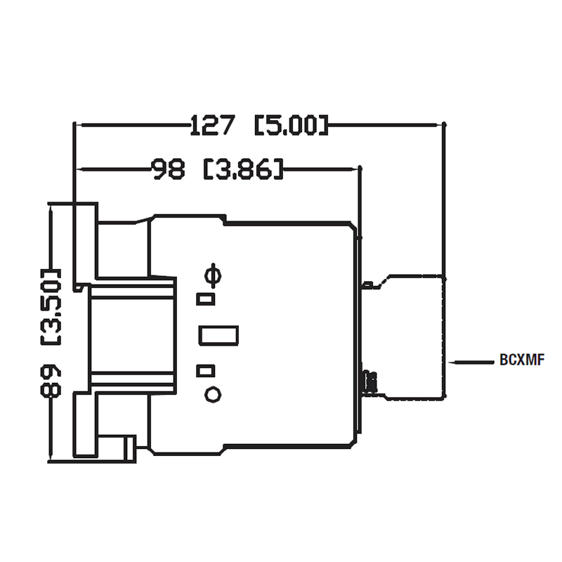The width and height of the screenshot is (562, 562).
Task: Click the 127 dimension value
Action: [212, 126]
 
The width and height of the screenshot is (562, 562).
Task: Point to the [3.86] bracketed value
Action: [243, 169]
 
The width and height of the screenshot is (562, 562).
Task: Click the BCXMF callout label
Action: [523, 362]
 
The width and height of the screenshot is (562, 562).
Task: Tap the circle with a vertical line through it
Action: [211, 275]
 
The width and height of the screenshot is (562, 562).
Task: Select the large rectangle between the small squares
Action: [218, 335]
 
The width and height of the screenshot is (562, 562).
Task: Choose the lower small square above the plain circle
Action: [205, 370]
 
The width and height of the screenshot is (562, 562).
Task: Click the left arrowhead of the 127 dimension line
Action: [79, 126]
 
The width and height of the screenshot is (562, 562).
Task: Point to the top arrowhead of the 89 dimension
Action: [51, 208]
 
